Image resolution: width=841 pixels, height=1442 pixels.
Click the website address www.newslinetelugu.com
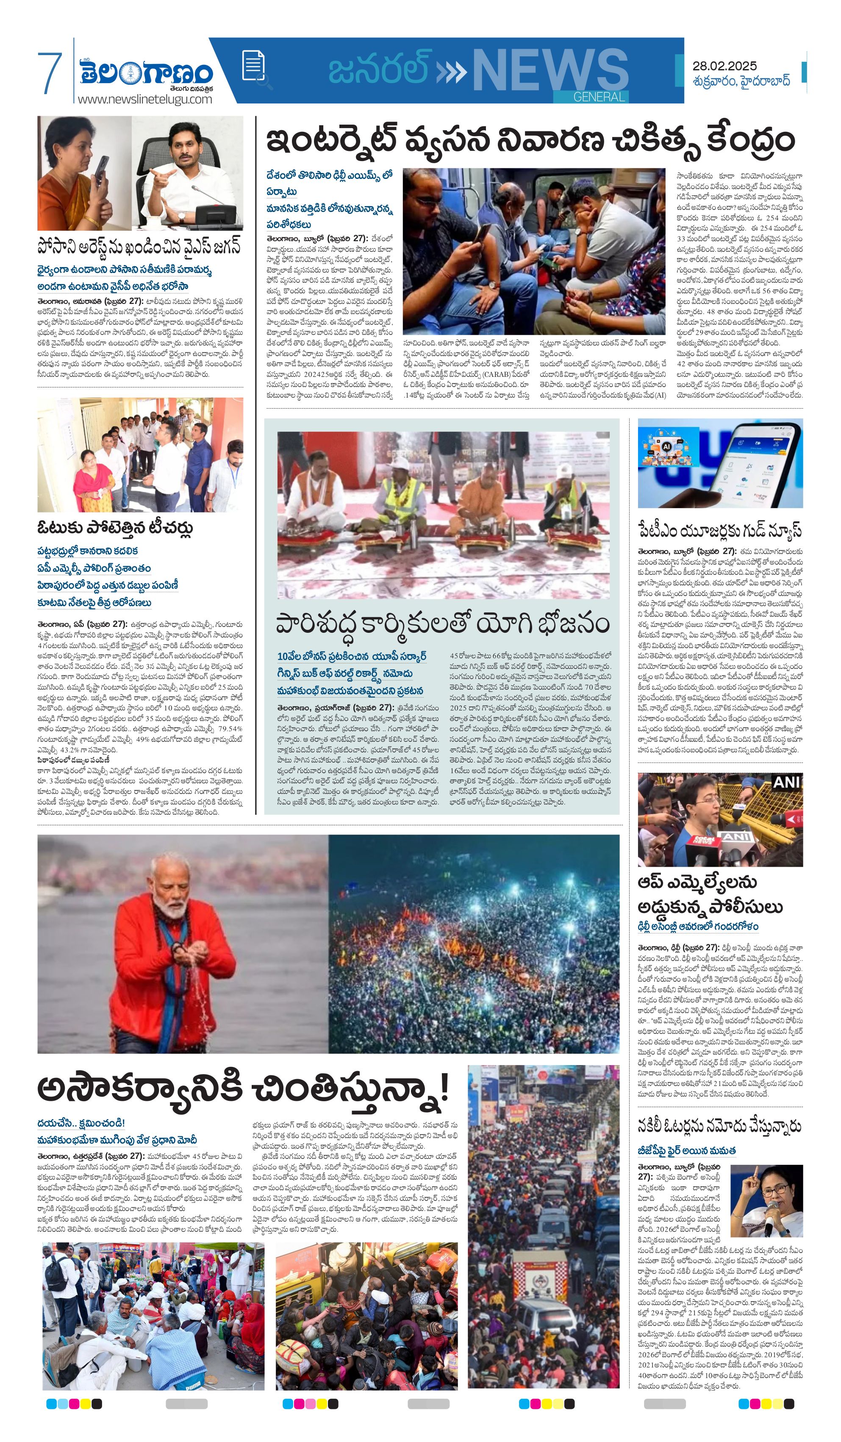[x=145, y=99]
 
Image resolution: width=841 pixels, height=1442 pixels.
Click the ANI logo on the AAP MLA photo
[x=787, y=782]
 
